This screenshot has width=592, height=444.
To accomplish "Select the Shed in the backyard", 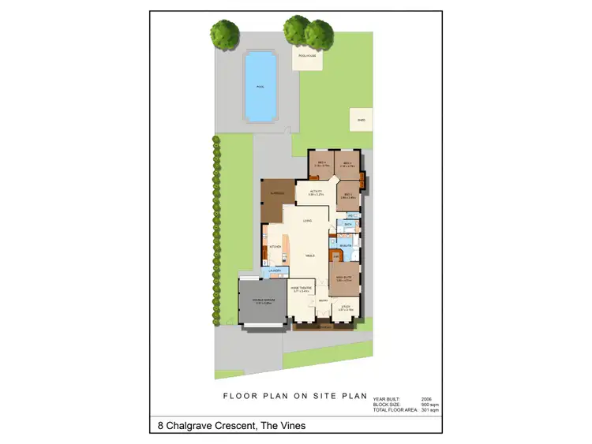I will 362,121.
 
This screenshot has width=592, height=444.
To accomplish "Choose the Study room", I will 343,309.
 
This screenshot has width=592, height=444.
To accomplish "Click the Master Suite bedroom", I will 344,278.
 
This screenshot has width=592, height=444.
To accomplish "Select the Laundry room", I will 275,272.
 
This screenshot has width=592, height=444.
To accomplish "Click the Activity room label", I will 317,192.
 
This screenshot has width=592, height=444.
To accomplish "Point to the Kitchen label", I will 275,247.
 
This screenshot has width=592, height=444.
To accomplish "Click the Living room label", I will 305,221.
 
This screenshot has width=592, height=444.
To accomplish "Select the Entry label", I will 323,300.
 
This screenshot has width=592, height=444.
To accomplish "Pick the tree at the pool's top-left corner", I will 224,34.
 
